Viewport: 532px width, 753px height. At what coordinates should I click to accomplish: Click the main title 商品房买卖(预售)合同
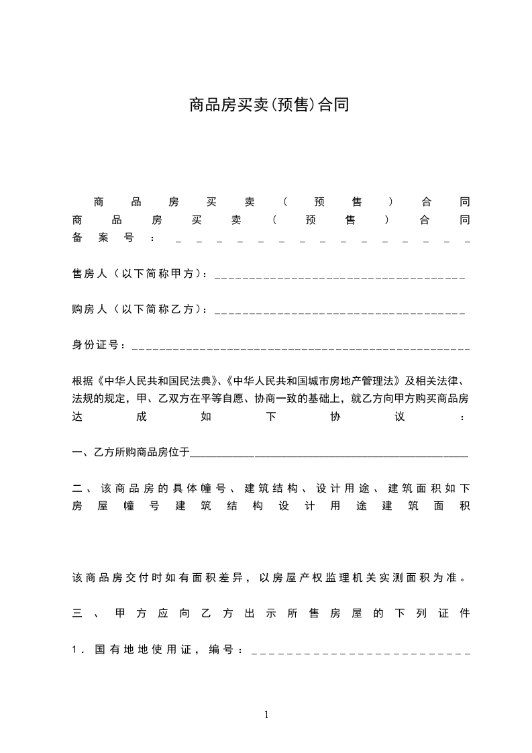click(x=268, y=105)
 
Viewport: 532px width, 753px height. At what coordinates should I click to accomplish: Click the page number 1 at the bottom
click(x=266, y=715)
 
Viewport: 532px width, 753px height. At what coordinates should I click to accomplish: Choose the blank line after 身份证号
click(x=301, y=348)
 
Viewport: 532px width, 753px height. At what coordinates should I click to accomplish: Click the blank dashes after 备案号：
click(x=322, y=240)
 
